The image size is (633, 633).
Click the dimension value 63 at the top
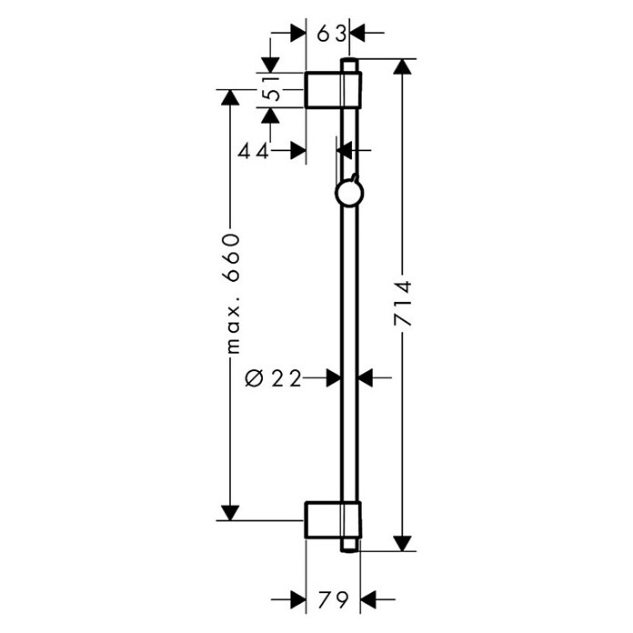(331, 34)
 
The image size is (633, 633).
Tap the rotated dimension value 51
(271, 89)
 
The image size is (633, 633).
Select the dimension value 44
(253, 152)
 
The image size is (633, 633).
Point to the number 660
(231, 257)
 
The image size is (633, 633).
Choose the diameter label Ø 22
(274, 378)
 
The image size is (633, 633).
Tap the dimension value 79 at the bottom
(333, 600)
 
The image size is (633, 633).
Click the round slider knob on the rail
(349, 193)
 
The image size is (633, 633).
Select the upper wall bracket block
(333, 90)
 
